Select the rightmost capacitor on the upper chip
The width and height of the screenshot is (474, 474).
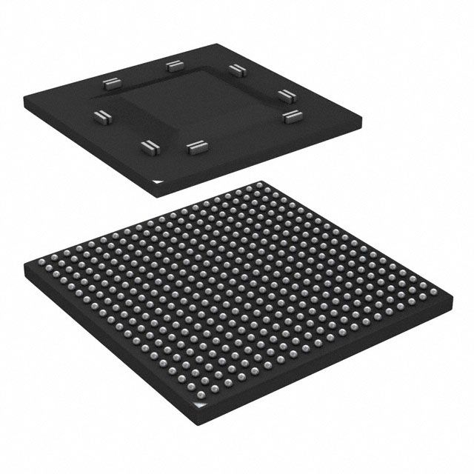tap(293, 116)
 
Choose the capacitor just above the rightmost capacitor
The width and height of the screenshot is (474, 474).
tap(287, 93)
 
